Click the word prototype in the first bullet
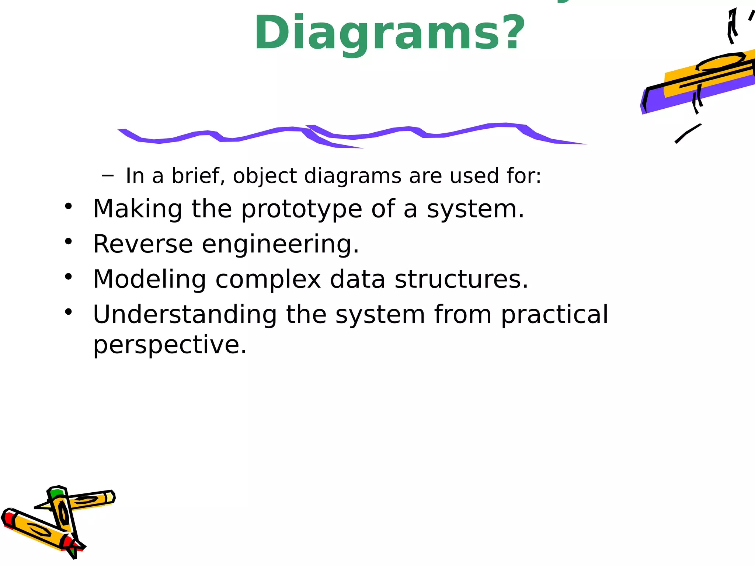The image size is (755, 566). [x=302, y=209]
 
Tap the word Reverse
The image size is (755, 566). [x=143, y=244]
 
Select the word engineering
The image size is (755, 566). [x=280, y=245]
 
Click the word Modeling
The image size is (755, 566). [x=149, y=279]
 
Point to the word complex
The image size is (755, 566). [x=268, y=279]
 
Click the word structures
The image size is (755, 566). [x=461, y=279]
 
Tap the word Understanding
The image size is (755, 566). [x=185, y=314]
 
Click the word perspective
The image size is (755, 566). [x=170, y=345]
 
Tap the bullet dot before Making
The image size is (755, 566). [x=68, y=206]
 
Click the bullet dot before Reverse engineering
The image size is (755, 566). [x=68, y=241]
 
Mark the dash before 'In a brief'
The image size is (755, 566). [x=107, y=176]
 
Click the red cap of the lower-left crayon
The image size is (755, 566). [x=8, y=518]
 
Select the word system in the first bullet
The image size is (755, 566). [x=475, y=209]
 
